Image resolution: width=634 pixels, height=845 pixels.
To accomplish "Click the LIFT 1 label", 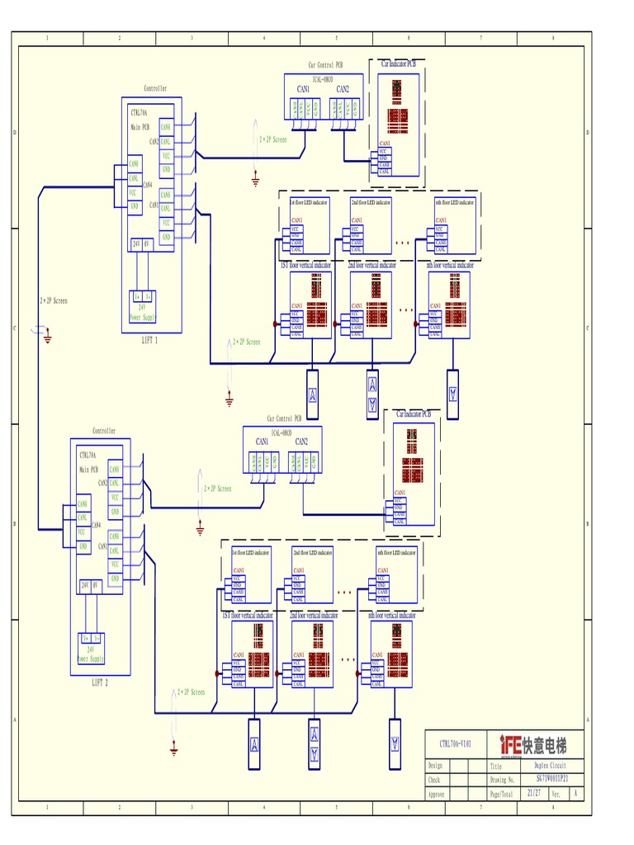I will click(x=149, y=339).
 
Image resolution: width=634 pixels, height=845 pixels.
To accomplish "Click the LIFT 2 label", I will click(x=99, y=682).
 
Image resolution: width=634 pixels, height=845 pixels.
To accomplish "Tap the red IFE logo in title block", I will click(x=510, y=745).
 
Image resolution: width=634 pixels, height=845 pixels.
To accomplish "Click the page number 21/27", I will click(x=532, y=793).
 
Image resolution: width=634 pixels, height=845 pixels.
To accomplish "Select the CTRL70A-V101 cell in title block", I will click(x=455, y=744).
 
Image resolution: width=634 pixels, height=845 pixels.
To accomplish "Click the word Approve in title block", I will click(x=436, y=794).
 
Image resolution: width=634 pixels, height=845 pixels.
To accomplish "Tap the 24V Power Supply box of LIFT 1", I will click(x=141, y=306).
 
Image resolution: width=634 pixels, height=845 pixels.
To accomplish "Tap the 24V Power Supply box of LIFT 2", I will click(x=91, y=648).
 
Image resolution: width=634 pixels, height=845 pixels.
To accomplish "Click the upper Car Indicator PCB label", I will click(x=398, y=64).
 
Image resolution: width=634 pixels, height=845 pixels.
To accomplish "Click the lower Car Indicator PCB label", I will click(x=414, y=413).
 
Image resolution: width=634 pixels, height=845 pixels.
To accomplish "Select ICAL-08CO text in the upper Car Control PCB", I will click(x=323, y=80).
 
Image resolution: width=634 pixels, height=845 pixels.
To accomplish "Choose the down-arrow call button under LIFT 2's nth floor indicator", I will click(x=395, y=744).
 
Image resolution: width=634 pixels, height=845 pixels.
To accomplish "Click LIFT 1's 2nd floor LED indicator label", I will click(x=370, y=201).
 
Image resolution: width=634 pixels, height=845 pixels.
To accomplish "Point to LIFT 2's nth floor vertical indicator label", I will click(x=392, y=616).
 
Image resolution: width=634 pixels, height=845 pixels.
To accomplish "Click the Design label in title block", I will click(x=435, y=766).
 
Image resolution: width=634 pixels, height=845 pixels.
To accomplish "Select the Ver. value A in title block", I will click(x=575, y=793).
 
